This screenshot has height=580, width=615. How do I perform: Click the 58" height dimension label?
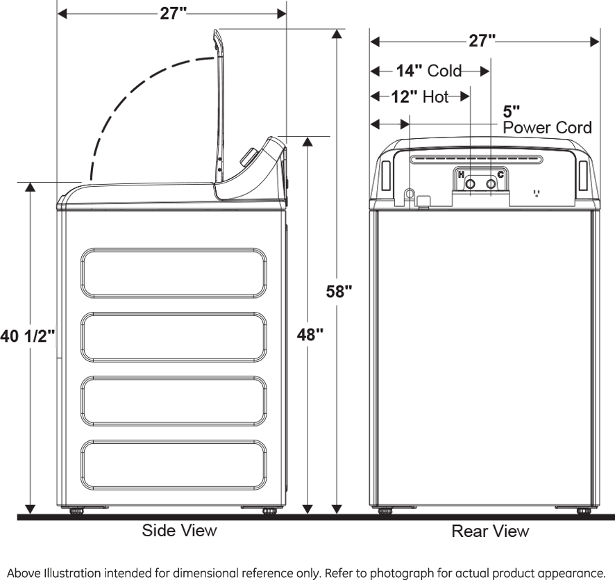tap(339, 291)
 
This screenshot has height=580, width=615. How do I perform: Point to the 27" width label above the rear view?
tap(482, 41)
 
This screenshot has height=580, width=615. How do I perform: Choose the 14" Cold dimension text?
tap(428, 70)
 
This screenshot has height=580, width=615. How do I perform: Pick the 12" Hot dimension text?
tap(419, 97)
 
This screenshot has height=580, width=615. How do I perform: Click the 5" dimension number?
tap(512, 112)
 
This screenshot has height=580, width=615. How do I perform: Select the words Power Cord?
tap(547, 128)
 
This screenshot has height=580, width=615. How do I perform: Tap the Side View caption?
tap(179, 531)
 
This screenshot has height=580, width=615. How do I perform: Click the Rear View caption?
tap(490, 532)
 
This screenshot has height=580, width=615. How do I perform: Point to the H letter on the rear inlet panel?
tap(461, 174)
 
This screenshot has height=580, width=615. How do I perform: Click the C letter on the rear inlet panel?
tap(501, 174)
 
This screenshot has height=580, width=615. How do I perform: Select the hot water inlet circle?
tap(471, 184)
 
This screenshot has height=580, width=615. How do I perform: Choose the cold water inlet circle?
tap(491, 184)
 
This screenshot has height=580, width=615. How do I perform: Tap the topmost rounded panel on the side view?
tap(174, 273)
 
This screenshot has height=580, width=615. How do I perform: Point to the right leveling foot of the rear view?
tap(584, 511)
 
